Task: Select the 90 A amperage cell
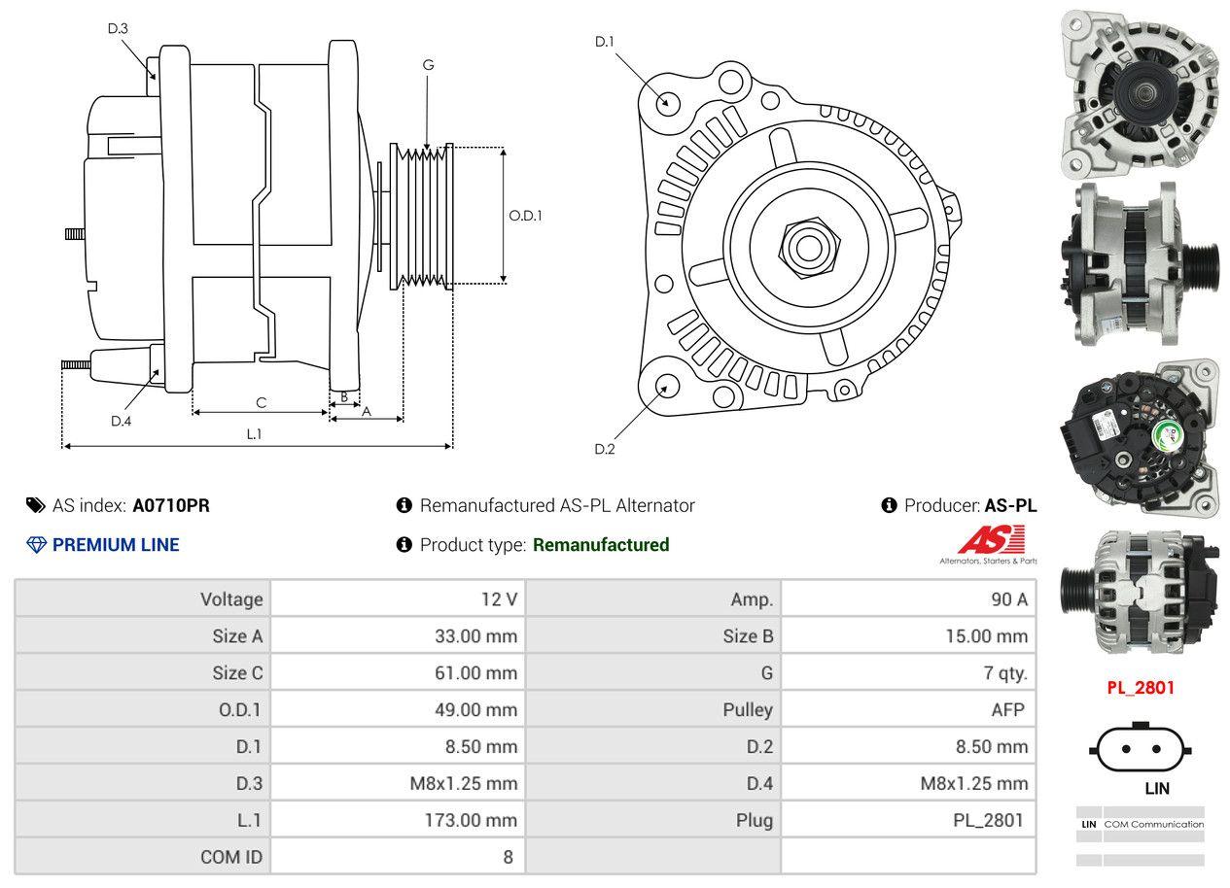pyautogui.click(x=1008, y=599)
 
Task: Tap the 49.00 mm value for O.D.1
pyautogui.click(x=475, y=710)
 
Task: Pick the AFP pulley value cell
pyautogui.click(x=1007, y=710)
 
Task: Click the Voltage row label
pyautogui.click(x=231, y=599)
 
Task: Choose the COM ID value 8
pyautogui.click(x=508, y=857)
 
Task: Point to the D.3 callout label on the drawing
pyautogui.click(x=118, y=29)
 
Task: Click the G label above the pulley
pyautogui.click(x=428, y=65)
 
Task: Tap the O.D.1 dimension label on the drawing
pyautogui.click(x=525, y=216)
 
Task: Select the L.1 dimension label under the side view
pyautogui.click(x=254, y=434)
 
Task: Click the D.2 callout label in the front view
pyautogui.click(x=605, y=449)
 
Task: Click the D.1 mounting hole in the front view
pyautogui.click(x=667, y=101)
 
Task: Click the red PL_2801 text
pyautogui.click(x=1142, y=688)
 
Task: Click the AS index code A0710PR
pyautogui.click(x=171, y=505)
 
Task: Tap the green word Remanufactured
pyautogui.click(x=601, y=545)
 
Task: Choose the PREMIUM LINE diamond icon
pyautogui.click(x=36, y=545)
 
